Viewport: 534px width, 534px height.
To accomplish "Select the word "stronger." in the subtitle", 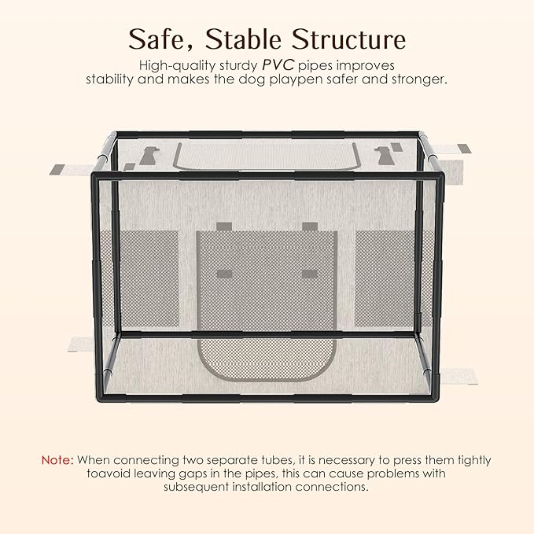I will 418,80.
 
